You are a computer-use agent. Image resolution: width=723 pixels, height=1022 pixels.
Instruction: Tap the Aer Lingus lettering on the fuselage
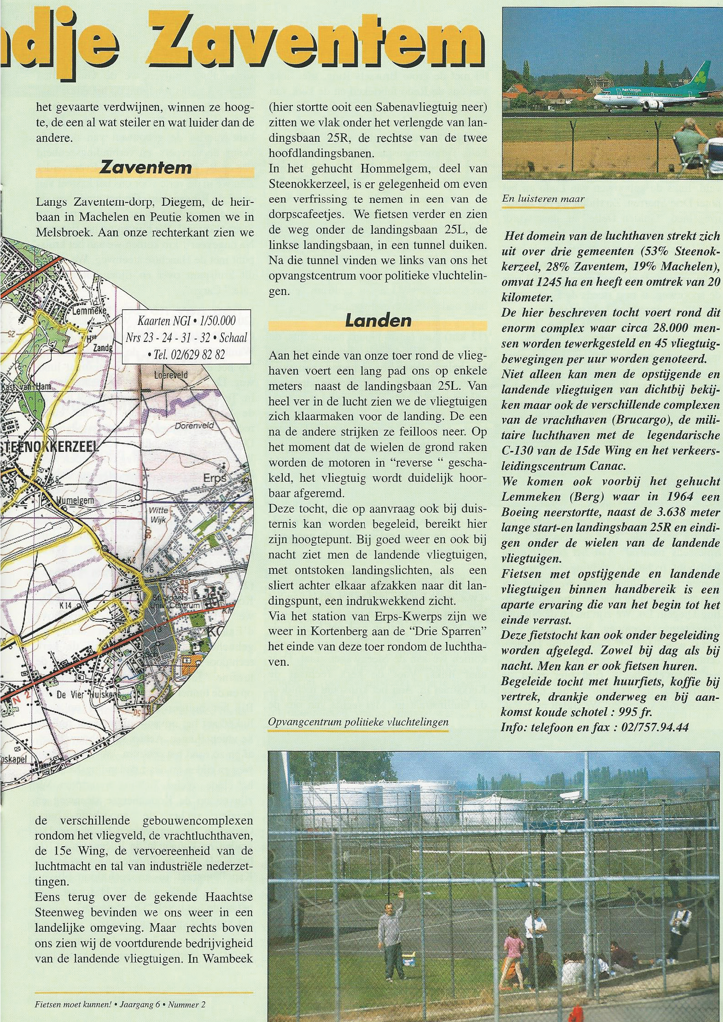pos(632,90)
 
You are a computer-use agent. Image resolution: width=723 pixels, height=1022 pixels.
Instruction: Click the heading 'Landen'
pos(378,321)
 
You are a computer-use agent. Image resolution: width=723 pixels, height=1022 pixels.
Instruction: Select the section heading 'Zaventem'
pos(145,167)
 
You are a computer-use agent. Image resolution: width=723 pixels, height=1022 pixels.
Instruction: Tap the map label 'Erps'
pos(215,478)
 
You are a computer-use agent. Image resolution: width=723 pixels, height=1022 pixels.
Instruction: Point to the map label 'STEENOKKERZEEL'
pos(51,447)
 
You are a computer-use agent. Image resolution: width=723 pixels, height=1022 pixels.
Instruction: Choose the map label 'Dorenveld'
pos(194,425)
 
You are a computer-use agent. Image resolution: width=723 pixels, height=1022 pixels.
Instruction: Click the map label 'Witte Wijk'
pos(158,515)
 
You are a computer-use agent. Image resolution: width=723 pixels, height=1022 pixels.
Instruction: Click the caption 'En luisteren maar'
pos(543,199)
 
